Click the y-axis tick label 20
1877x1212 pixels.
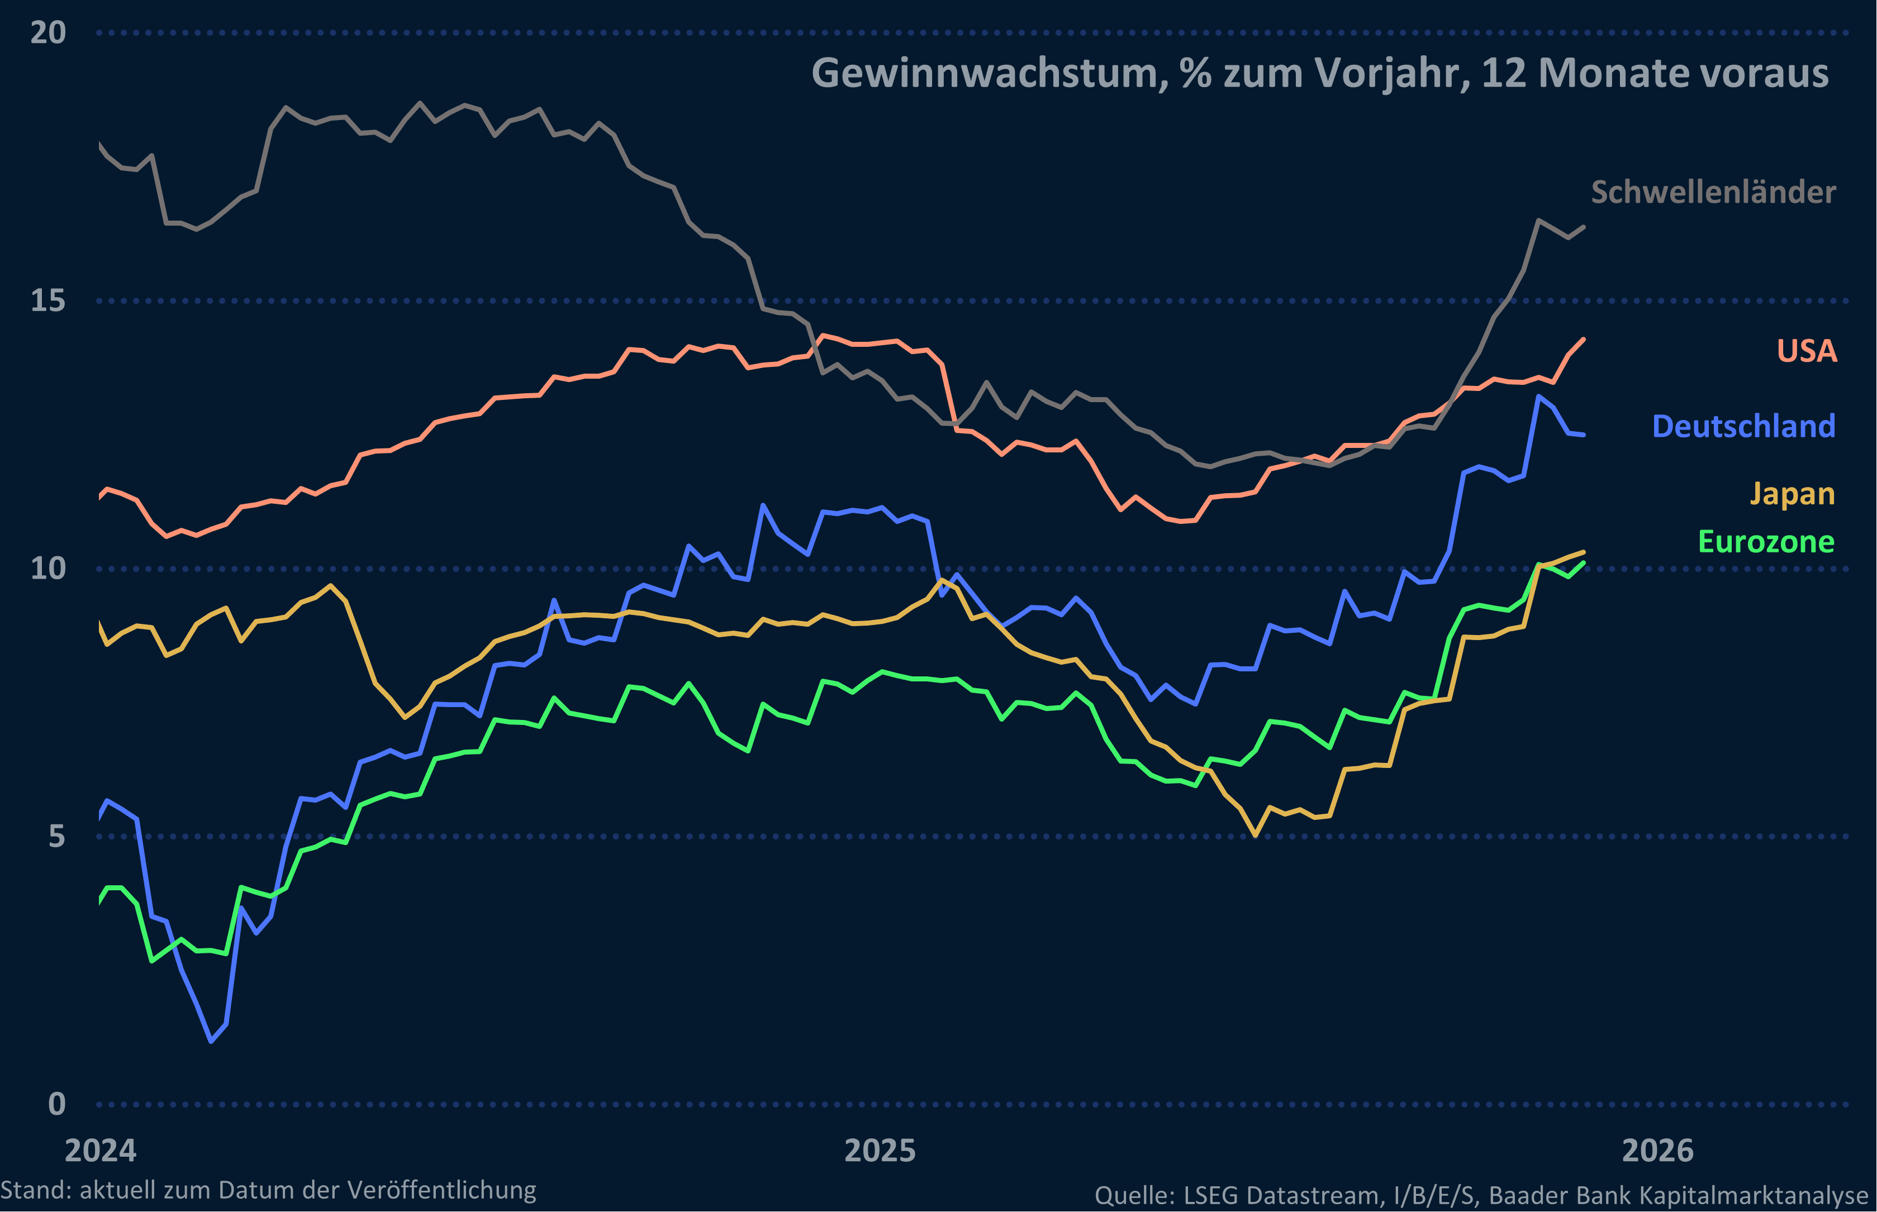[47, 33]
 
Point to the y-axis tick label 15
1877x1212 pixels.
[47, 300]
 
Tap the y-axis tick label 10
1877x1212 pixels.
[47, 568]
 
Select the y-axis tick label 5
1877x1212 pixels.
[56, 836]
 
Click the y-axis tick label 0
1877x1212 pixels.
[56, 1104]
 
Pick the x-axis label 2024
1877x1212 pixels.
[100, 1151]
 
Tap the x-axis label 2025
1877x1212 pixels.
[880, 1151]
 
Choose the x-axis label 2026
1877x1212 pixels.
[1657, 1151]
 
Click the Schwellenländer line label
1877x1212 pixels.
[1713, 192]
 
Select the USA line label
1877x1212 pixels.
[1806, 350]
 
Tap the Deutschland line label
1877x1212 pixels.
[1743, 426]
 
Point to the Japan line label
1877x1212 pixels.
[1792, 494]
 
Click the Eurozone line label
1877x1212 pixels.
[1766, 541]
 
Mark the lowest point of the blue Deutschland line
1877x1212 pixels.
[211, 1041]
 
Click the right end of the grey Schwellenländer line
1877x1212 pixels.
[1583, 227]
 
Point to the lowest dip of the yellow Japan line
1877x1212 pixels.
[1255, 835]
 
